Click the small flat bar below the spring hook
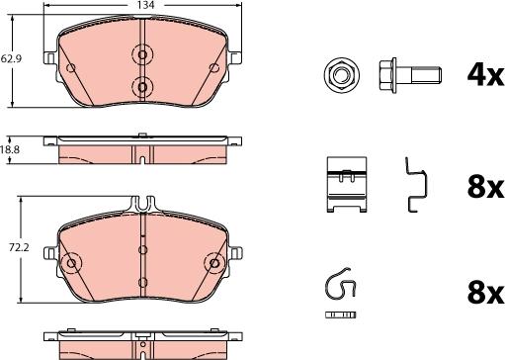[340, 315]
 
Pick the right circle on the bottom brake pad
[214, 263]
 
